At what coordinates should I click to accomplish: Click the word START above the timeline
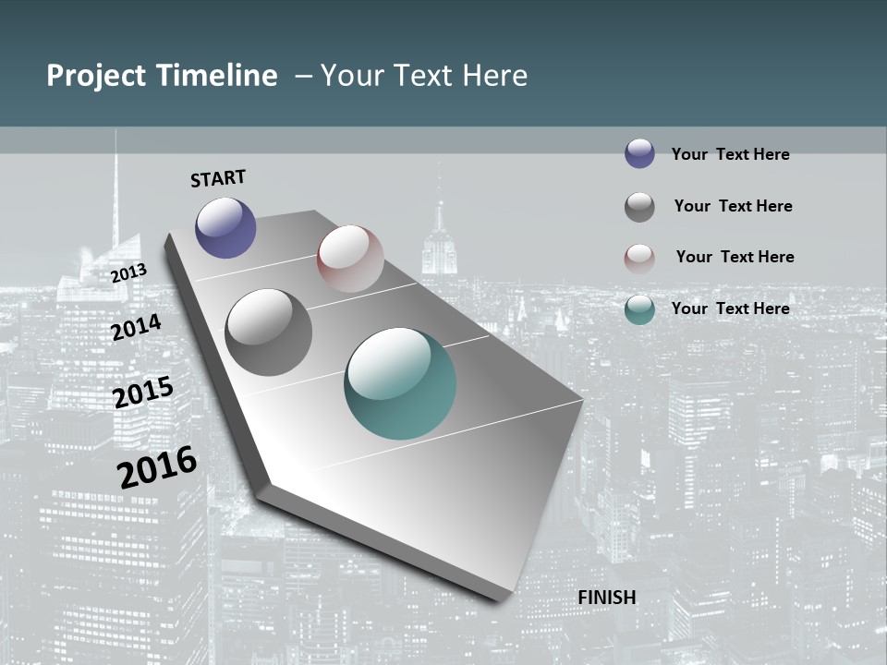218,178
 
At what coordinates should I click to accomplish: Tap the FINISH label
607,598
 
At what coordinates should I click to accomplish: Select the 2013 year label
129,273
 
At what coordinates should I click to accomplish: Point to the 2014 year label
137,327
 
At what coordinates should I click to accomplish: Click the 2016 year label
157,466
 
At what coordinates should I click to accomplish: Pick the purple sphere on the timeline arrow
225,227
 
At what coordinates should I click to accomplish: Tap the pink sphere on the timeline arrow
350,258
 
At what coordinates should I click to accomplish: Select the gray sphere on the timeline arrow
268,332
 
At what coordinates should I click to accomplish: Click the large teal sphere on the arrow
400,383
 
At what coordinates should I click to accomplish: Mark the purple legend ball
639,153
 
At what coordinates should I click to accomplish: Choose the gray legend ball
639,207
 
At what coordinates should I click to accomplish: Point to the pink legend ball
639,259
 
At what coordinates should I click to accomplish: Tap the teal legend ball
639,309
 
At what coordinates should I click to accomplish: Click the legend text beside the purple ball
730,154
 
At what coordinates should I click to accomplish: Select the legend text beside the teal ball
730,308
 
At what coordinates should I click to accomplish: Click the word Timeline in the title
218,76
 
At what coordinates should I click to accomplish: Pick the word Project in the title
95,76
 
